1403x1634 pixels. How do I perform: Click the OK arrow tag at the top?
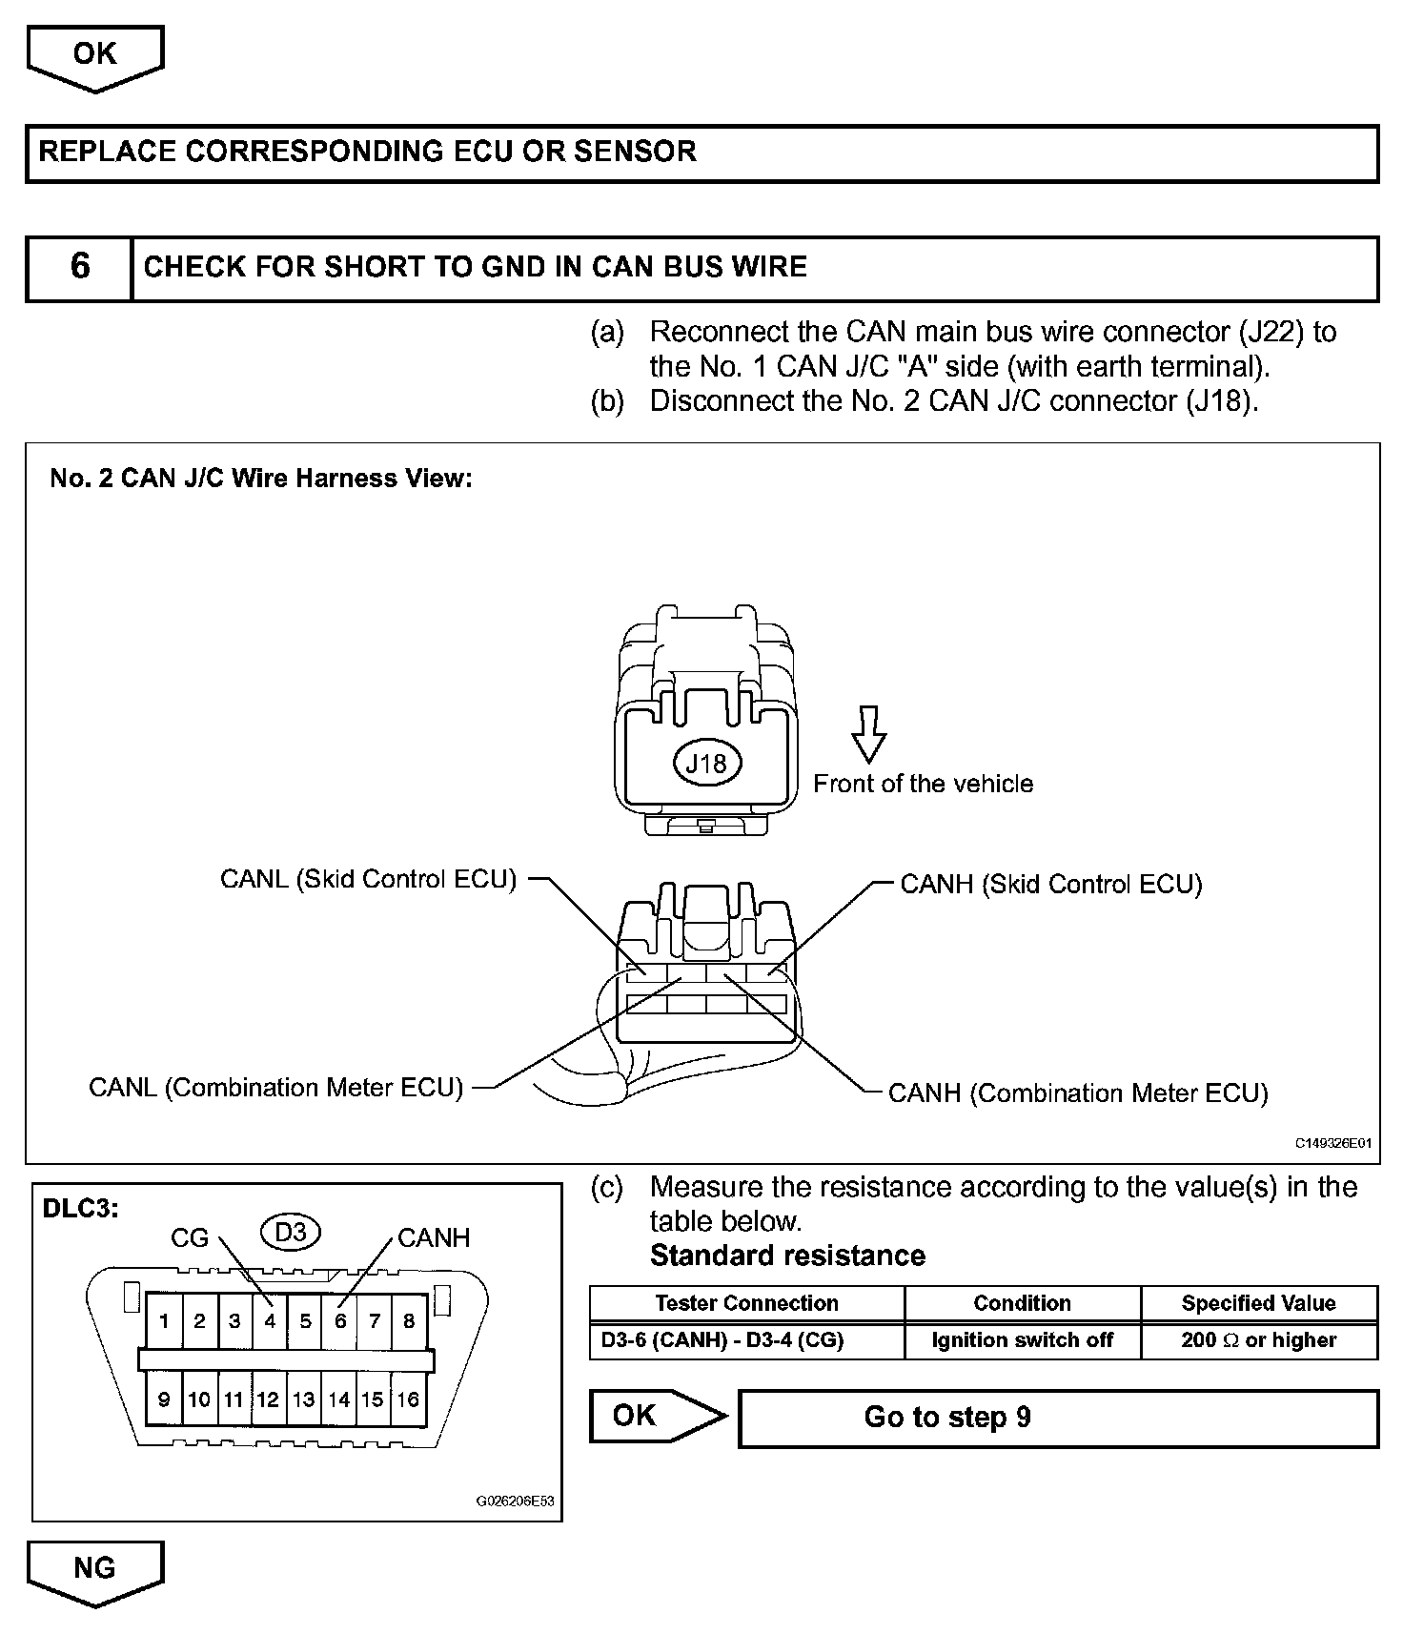pos(94,55)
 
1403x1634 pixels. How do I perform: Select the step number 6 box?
pos(79,267)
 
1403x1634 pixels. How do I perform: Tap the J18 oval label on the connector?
pos(706,763)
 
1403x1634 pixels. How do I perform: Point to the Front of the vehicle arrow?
pos(867,734)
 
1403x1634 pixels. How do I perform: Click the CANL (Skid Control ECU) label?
pos(368,879)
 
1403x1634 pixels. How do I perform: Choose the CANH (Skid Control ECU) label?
pos(1051,885)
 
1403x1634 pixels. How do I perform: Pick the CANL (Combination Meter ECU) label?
pos(275,1088)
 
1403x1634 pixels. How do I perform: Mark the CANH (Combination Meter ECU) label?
pos(1078,1093)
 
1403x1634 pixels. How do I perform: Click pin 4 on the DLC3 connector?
pos(271,1321)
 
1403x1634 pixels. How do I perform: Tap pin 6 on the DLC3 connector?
pos(340,1321)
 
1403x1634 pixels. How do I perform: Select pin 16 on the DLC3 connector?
pos(408,1399)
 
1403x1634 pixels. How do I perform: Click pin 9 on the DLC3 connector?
pos(164,1399)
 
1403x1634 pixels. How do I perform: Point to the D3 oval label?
pos(291,1233)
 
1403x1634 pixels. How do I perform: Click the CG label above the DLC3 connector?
pos(189,1238)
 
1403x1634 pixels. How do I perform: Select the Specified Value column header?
pos(1258,1303)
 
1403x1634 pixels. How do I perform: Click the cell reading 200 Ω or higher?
pos(1258,1340)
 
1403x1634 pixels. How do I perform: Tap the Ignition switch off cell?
pos(1022,1340)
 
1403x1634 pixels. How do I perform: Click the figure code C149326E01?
pos(1332,1143)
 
